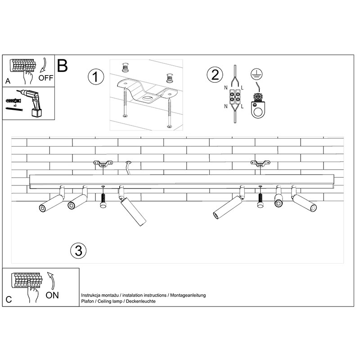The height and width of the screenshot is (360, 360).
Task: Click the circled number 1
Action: coord(96,76)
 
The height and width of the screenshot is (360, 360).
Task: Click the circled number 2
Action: coord(215,75)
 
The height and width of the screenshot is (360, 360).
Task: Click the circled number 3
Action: coord(78,250)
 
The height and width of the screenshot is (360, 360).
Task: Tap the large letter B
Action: coord(62,66)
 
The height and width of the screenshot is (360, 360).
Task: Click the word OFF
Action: coord(46,78)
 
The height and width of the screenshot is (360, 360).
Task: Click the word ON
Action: coord(52,295)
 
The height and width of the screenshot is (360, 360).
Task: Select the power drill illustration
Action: coord(31,103)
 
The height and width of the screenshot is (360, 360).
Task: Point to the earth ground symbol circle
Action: coord(256,74)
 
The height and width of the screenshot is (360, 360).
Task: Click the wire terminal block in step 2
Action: coord(235,97)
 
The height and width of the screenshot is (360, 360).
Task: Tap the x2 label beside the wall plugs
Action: coord(15,106)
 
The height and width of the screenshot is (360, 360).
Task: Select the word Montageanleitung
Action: coord(188,295)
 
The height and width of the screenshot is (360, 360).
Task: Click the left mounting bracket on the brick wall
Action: coord(103,163)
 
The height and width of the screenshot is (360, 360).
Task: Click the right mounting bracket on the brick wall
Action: coord(260,163)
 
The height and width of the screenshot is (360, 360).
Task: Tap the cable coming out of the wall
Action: coord(128,167)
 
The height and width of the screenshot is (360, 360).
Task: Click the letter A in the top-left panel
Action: coord(8,81)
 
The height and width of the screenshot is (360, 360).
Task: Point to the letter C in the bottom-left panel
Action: coord(9,300)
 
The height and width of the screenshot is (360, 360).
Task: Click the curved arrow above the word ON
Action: coord(52,279)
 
